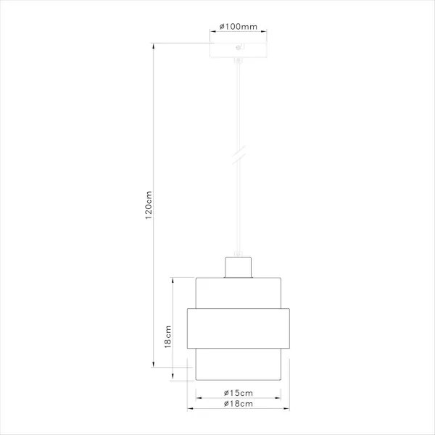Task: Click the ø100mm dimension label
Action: (238, 26)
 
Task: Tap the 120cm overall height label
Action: (148, 204)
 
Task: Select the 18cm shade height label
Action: (167, 336)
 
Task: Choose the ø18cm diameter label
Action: (238, 403)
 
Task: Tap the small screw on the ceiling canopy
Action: (238, 48)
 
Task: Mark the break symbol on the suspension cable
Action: (238, 155)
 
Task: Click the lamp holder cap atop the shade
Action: (238, 267)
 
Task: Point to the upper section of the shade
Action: (238, 293)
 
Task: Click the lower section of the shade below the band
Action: (238, 367)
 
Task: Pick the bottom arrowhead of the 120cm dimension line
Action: (153, 364)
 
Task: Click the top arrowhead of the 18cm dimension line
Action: (173, 280)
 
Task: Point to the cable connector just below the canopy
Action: (238, 63)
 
